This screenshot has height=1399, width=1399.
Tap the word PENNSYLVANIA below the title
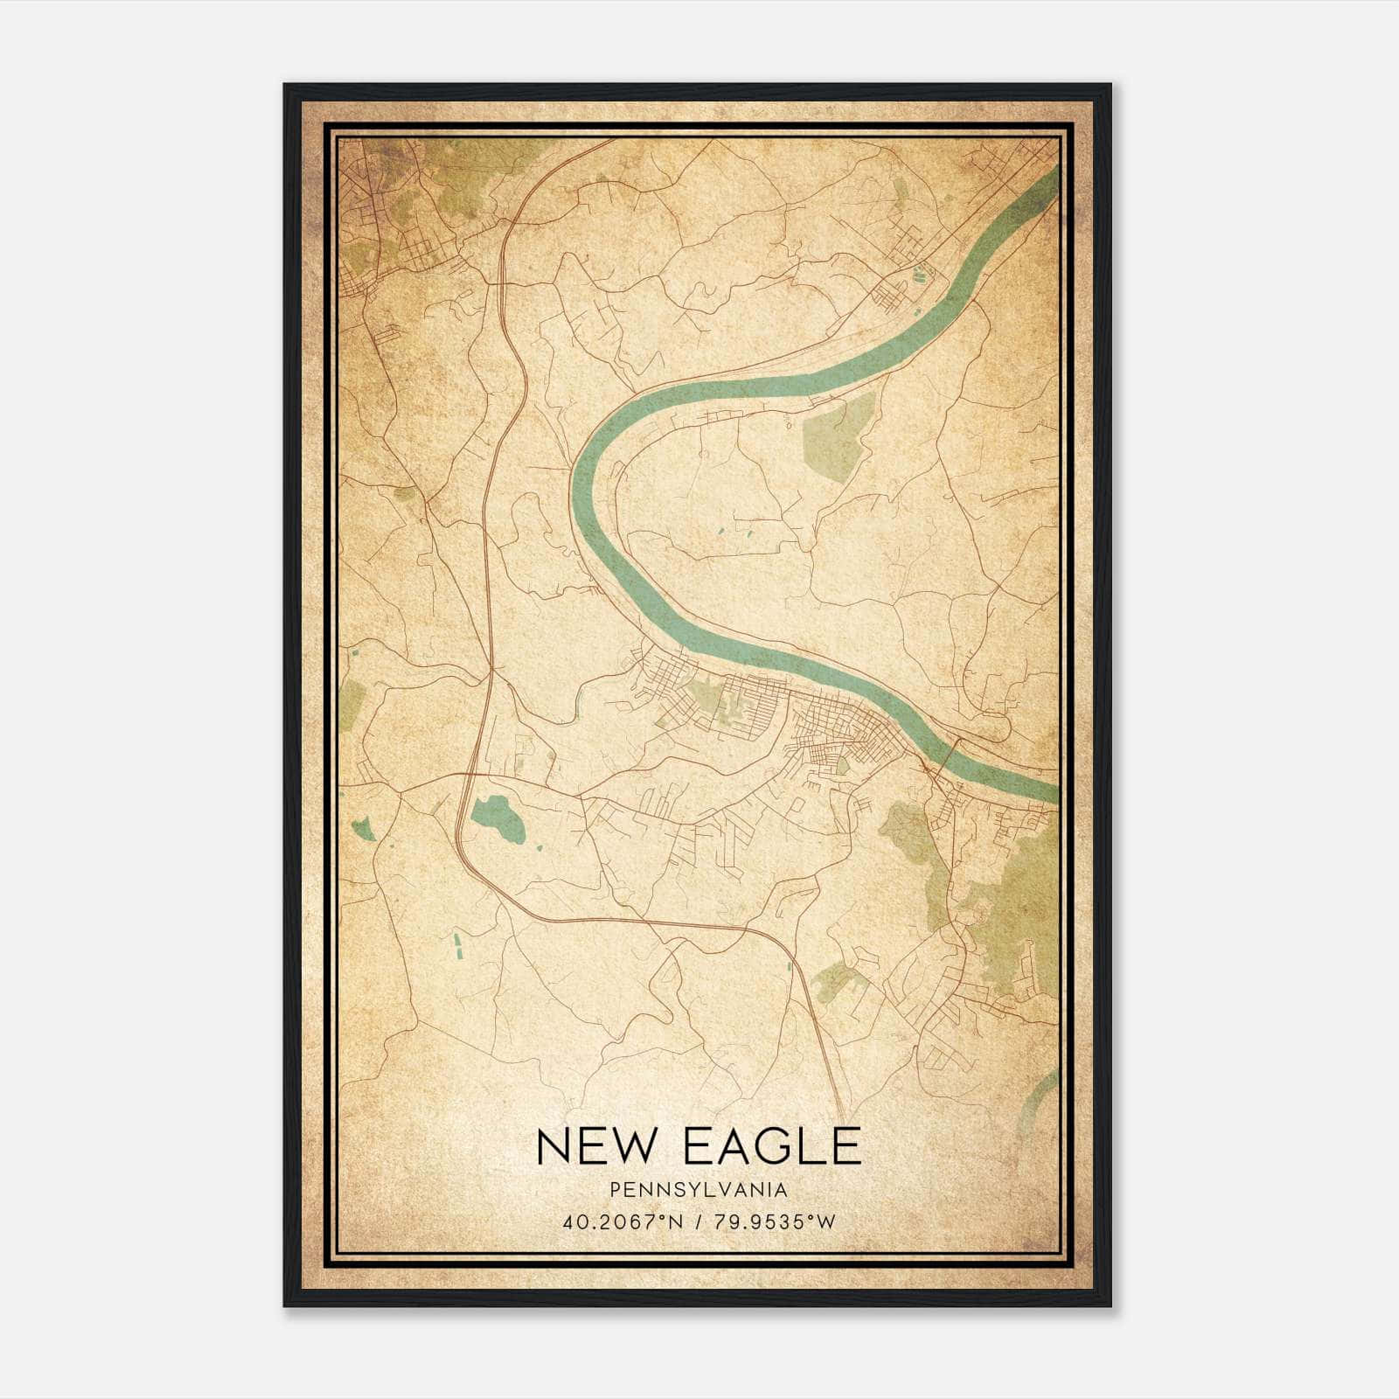[x=699, y=1190]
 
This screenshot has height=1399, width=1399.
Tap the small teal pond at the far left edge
[x=361, y=827]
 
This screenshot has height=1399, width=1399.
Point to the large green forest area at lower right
[x=1014, y=918]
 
